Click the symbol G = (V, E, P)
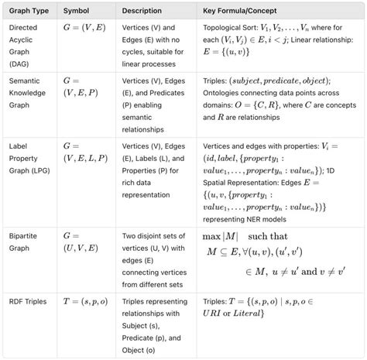click(x=81, y=86)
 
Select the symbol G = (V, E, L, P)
click(x=84, y=152)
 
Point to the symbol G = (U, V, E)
click(x=82, y=239)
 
